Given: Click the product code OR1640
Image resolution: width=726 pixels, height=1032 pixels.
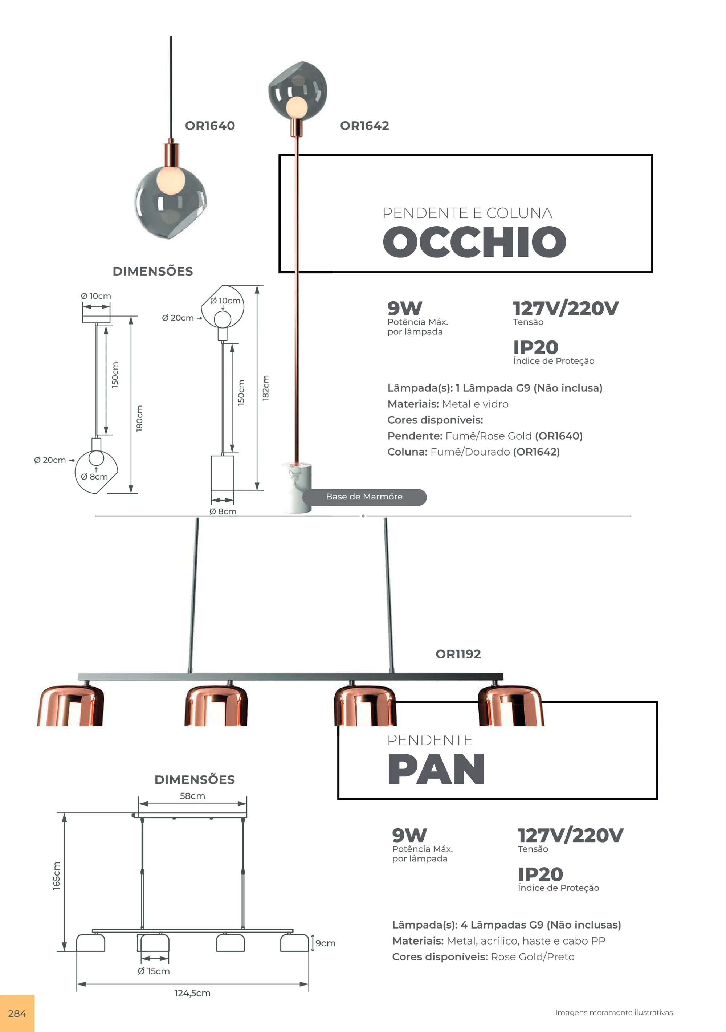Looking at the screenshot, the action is pyautogui.click(x=210, y=126).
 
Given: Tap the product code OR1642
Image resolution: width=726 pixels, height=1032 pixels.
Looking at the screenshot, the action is pyautogui.click(x=364, y=126).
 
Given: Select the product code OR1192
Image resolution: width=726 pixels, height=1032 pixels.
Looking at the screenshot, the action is pyautogui.click(x=458, y=654).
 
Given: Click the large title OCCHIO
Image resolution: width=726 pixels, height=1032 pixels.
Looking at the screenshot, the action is pyautogui.click(x=474, y=242).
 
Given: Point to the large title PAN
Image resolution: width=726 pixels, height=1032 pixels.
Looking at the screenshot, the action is pyautogui.click(x=436, y=770).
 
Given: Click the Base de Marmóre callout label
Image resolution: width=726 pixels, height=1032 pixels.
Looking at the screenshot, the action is pyautogui.click(x=364, y=497).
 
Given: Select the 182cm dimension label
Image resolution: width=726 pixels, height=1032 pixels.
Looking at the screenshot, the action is pyautogui.click(x=266, y=387).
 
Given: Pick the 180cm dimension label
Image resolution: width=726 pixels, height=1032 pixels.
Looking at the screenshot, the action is pyautogui.click(x=139, y=419).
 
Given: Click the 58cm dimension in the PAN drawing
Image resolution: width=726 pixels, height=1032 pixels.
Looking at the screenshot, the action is pyautogui.click(x=192, y=796).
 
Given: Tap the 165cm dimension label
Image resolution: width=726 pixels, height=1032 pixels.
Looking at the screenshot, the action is pyautogui.click(x=56, y=876).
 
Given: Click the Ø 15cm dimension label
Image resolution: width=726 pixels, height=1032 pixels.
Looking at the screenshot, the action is pyautogui.click(x=154, y=971).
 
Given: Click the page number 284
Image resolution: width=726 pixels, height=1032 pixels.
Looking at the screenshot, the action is pyautogui.click(x=17, y=1013).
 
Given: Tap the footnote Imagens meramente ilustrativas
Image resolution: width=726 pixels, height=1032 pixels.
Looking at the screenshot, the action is pyautogui.click(x=615, y=1013).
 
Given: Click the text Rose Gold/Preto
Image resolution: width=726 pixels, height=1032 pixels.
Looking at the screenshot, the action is pyautogui.click(x=533, y=957).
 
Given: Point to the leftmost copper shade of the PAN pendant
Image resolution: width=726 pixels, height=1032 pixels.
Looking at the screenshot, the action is pyautogui.click(x=70, y=705).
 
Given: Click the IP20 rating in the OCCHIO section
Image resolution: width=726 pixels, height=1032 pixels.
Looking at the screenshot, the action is pyautogui.click(x=536, y=347).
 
